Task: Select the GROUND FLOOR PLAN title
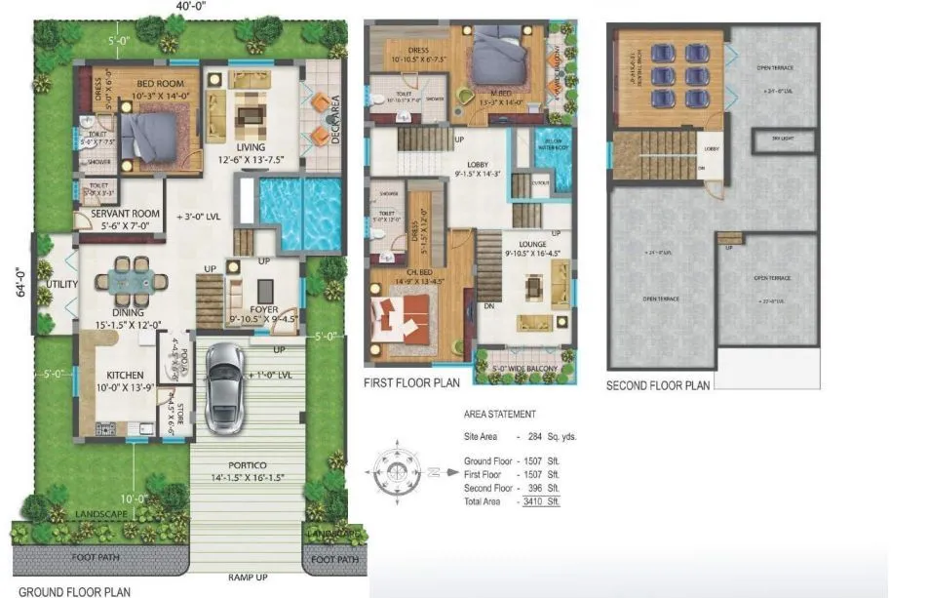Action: click(x=75, y=591)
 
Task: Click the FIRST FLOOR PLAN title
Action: click(x=411, y=383)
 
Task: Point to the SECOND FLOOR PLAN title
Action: click(x=658, y=386)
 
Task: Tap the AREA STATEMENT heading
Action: click(x=499, y=415)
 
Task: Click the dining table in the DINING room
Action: click(x=124, y=281)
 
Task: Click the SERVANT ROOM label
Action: click(x=125, y=214)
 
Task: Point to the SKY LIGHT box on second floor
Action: click(x=783, y=140)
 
